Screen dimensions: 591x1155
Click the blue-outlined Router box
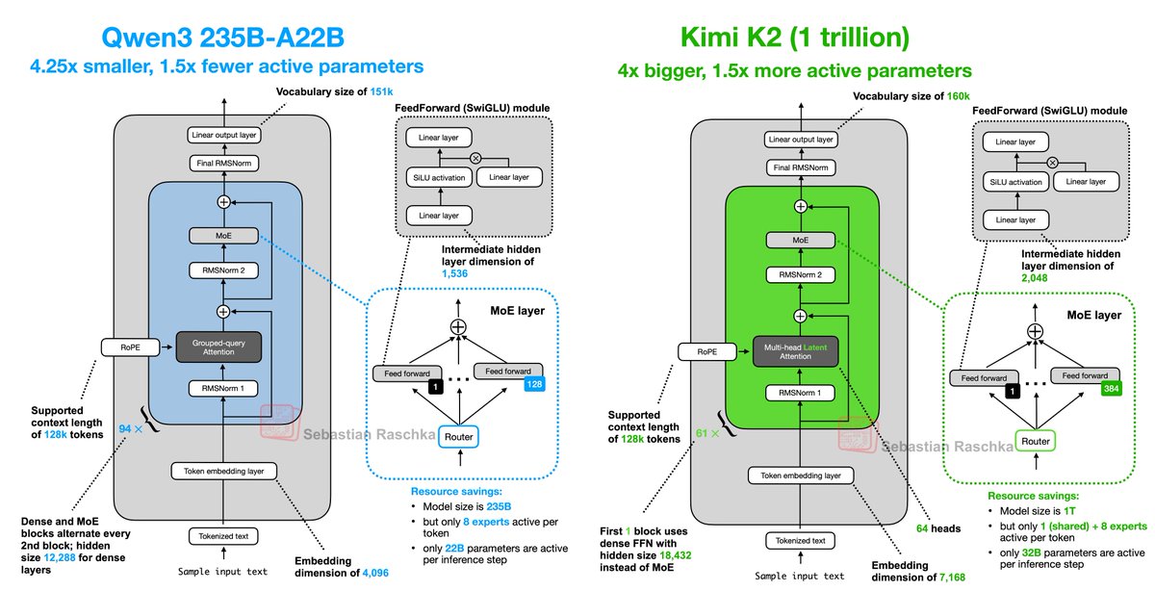click(458, 436)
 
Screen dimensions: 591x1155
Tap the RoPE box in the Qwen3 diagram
click(120, 346)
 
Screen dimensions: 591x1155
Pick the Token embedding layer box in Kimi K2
click(801, 475)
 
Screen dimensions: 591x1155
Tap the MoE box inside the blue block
click(223, 234)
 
